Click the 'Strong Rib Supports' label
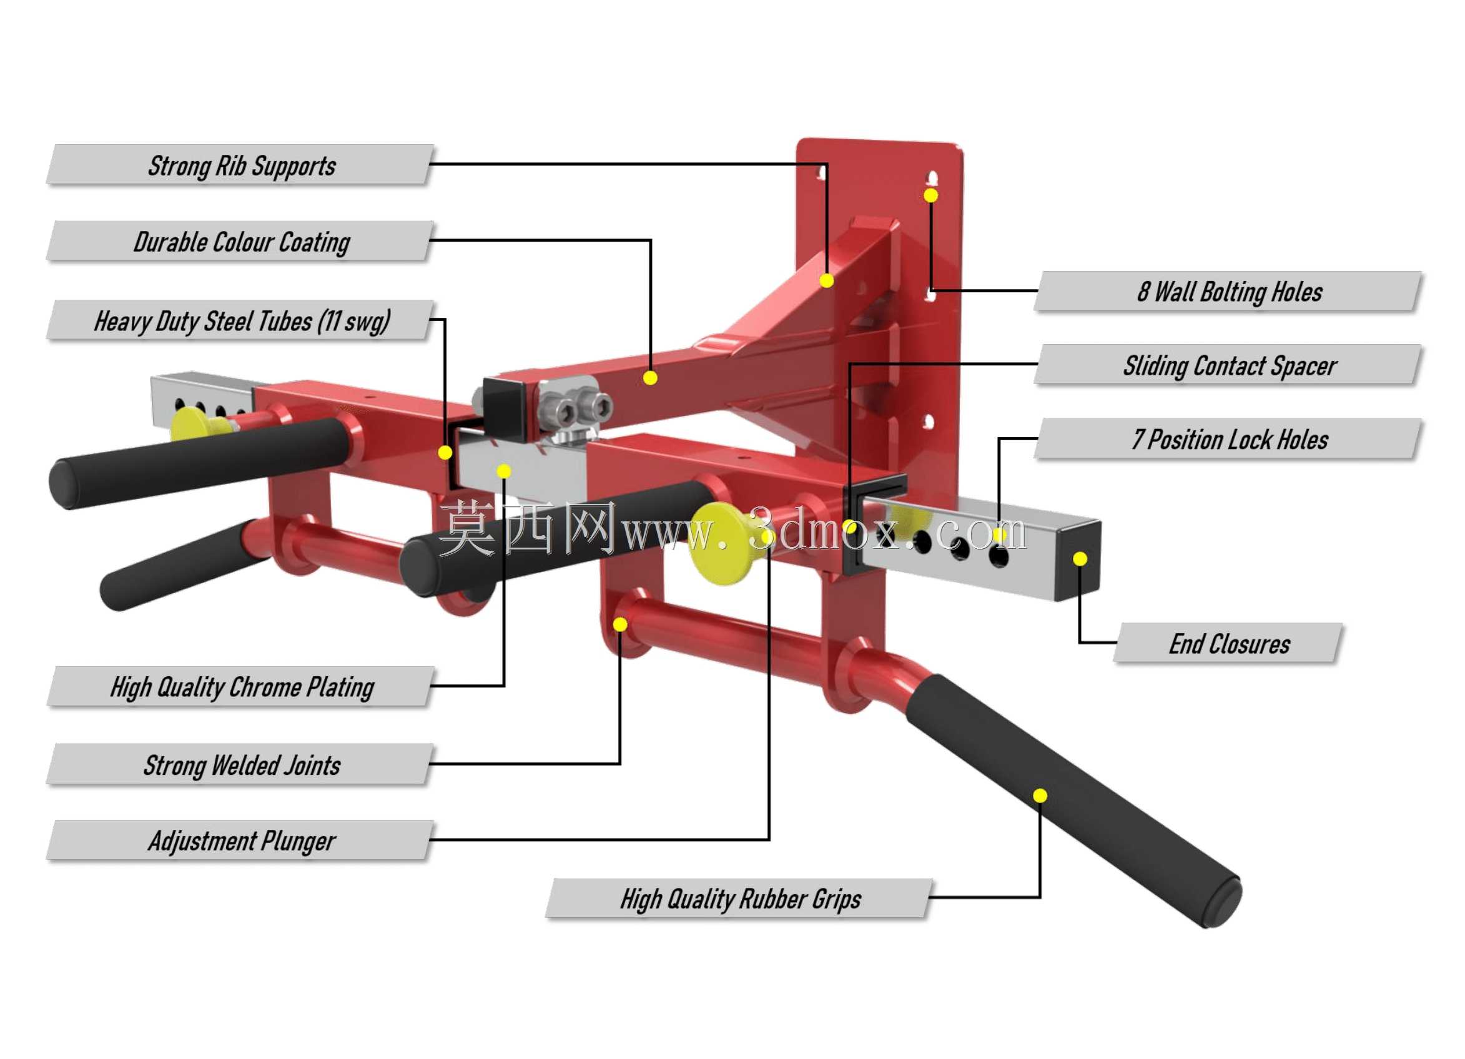pos(242,166)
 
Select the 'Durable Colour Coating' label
pos(242,243)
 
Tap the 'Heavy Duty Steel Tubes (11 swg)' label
pos(242,321)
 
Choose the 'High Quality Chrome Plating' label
pos(242,687)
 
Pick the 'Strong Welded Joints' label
pos(242,766)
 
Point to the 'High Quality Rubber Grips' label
pos(740,900)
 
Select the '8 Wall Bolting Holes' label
pos(1230,292)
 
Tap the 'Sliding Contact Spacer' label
pos(1230,366)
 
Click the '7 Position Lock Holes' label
pos(1230,440)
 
